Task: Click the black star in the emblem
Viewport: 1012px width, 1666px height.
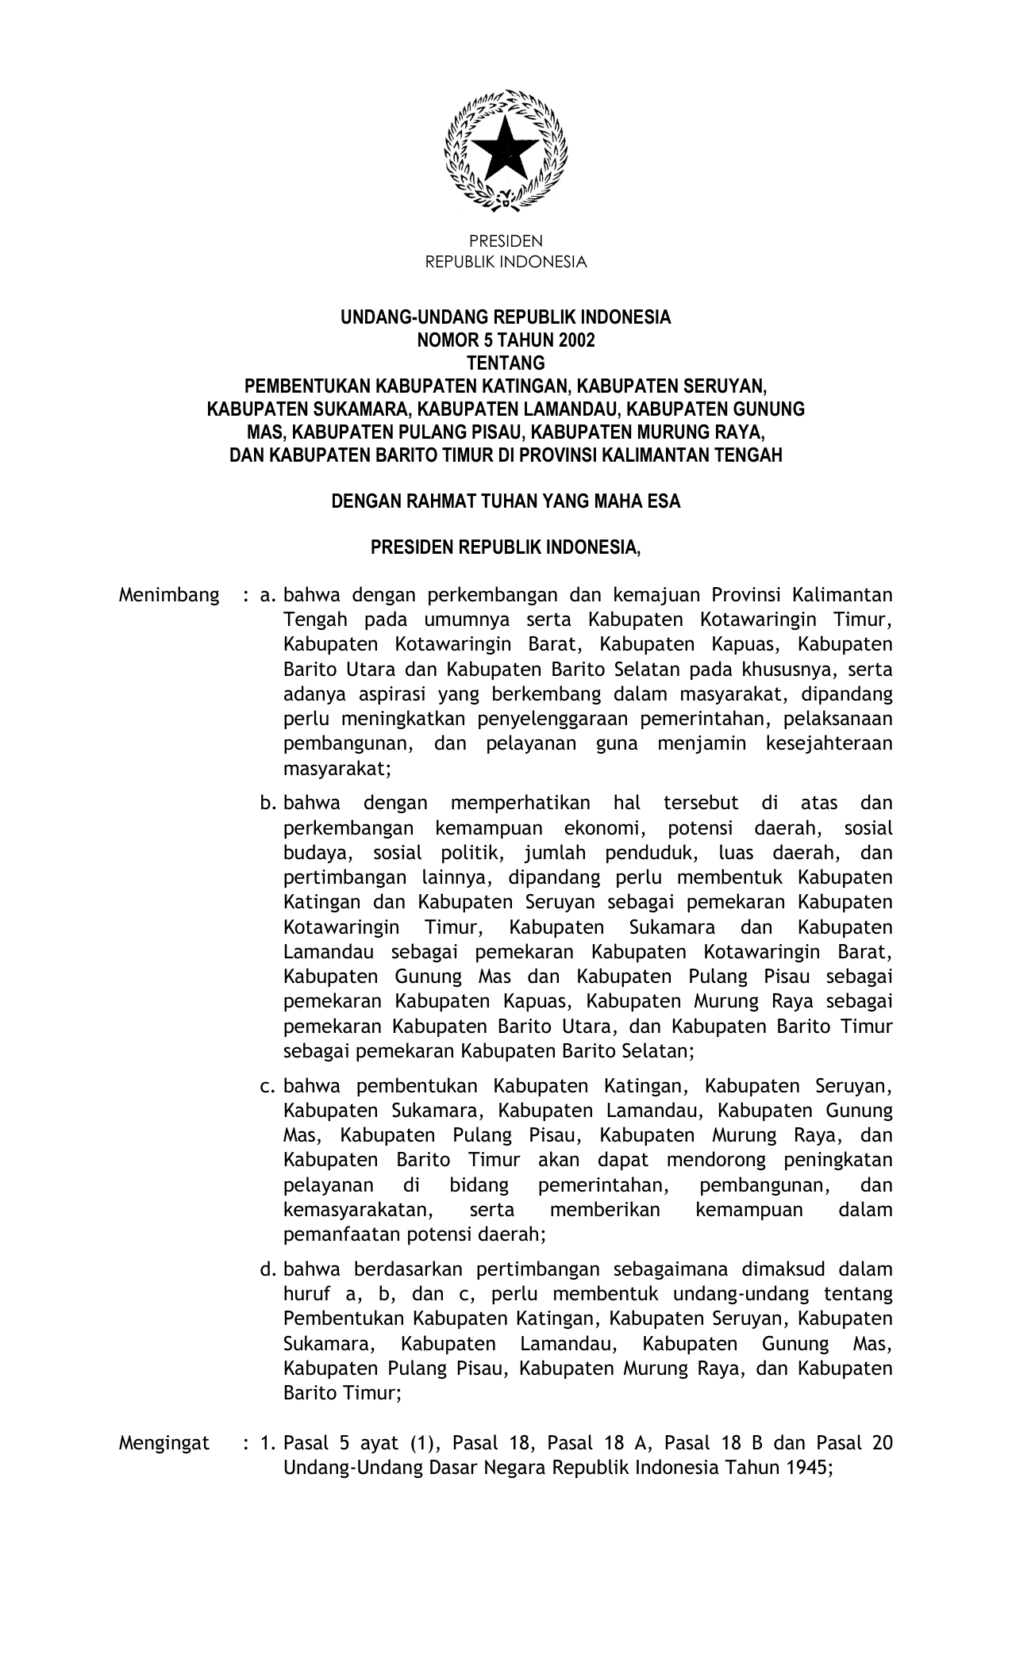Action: click(x=506, y=150)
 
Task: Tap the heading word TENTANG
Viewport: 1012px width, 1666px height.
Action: click(x=506, y=363)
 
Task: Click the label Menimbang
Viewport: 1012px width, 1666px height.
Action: click(x=169, y=595)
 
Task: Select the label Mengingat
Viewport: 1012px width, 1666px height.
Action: click(x=164, y=1442)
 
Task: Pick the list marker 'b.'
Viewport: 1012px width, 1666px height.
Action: click(x=267, y=803)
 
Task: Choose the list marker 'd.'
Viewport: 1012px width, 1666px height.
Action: click(x=267, y=1269)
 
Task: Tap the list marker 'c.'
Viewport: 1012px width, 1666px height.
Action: click(x=267, y=1085)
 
